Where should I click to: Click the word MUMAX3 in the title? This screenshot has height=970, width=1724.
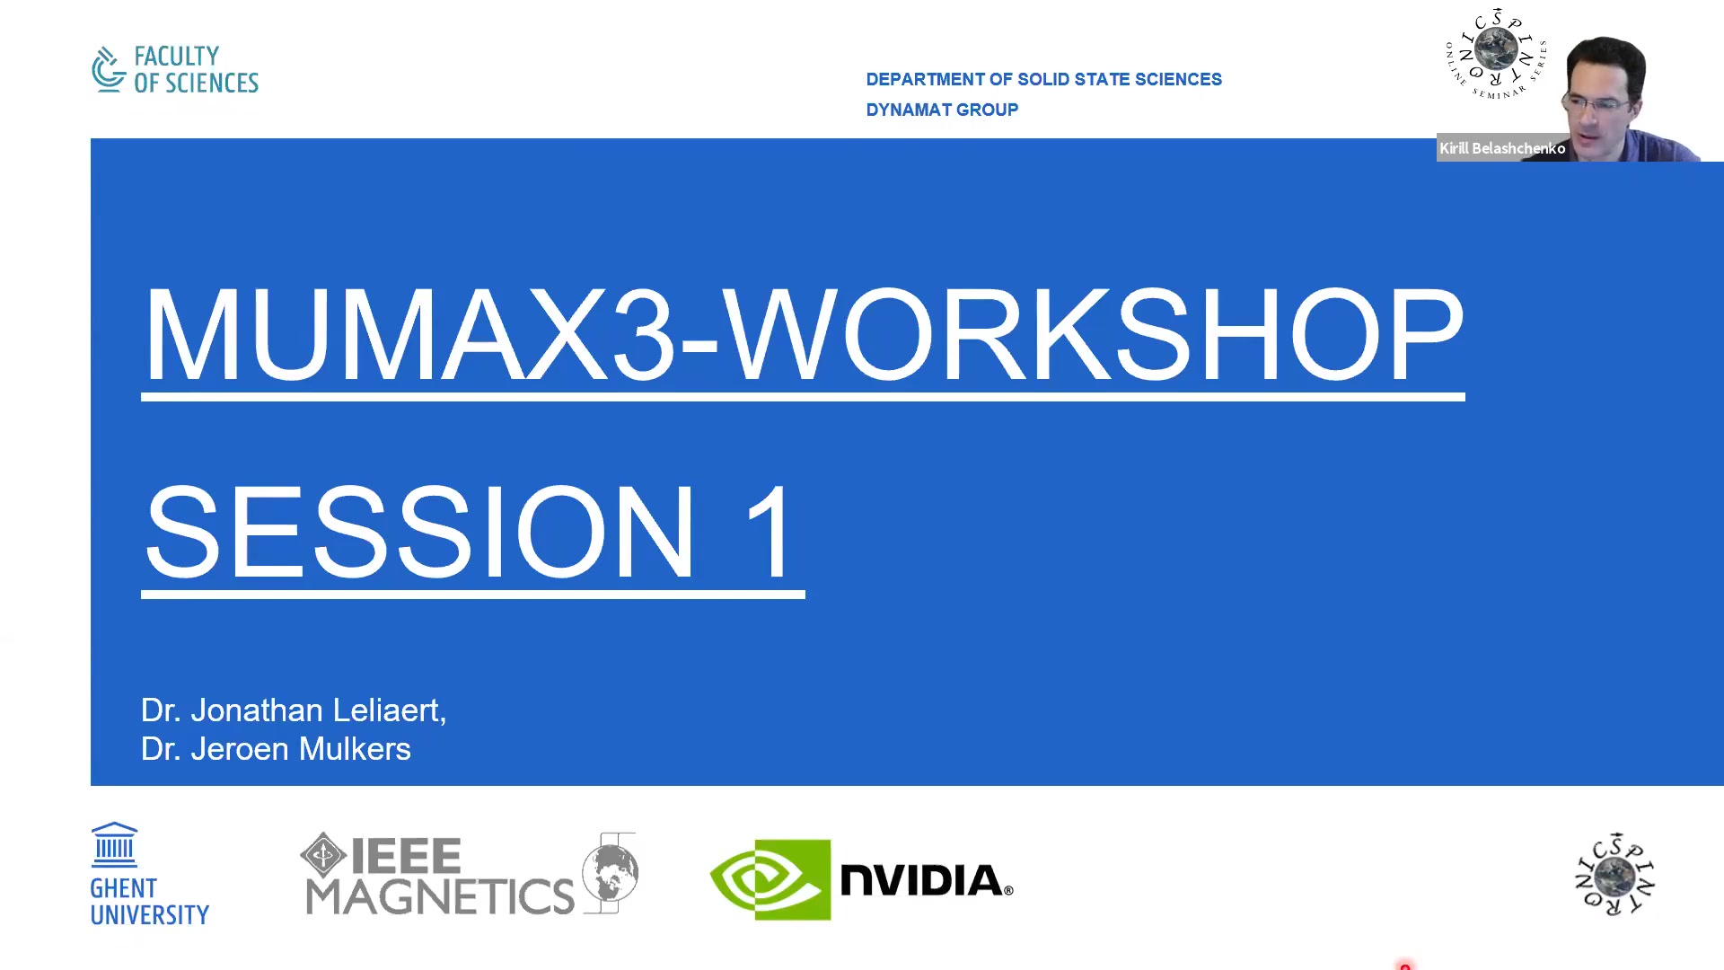pos(409,334)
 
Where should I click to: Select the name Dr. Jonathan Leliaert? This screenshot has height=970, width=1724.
pos(293,710)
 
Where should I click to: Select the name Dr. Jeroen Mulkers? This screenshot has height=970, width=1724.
pos(276,749)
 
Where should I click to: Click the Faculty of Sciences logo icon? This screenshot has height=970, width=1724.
pos(109,69)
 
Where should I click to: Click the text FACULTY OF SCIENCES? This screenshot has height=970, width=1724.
pos(195,70)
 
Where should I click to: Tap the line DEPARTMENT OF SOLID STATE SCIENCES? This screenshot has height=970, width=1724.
pos(1043,79)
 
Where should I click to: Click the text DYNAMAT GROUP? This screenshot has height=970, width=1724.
pos(942,110)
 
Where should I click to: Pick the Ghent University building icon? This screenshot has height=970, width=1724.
pos(114,844)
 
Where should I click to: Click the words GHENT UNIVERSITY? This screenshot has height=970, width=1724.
pos(149,902)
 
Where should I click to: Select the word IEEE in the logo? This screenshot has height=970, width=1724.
pos(406,856)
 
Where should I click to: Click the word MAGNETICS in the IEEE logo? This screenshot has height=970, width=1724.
pos(440,896)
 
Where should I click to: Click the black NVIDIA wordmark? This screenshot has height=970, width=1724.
pos(925,880)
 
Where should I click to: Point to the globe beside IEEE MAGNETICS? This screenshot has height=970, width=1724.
pos(611,872)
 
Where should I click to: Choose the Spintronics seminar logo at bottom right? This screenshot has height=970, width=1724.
pos(1614,874)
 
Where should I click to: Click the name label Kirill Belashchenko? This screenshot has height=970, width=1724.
pos(1501,148)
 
